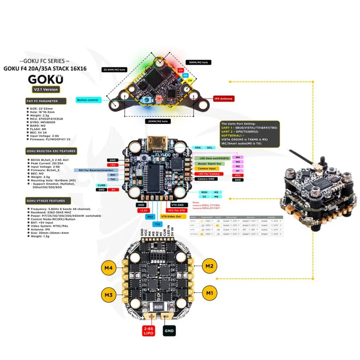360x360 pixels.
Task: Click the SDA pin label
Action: tap(199, 148)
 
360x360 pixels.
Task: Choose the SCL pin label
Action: tap(210, 148)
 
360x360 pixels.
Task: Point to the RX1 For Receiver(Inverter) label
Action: tap(93, 170)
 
